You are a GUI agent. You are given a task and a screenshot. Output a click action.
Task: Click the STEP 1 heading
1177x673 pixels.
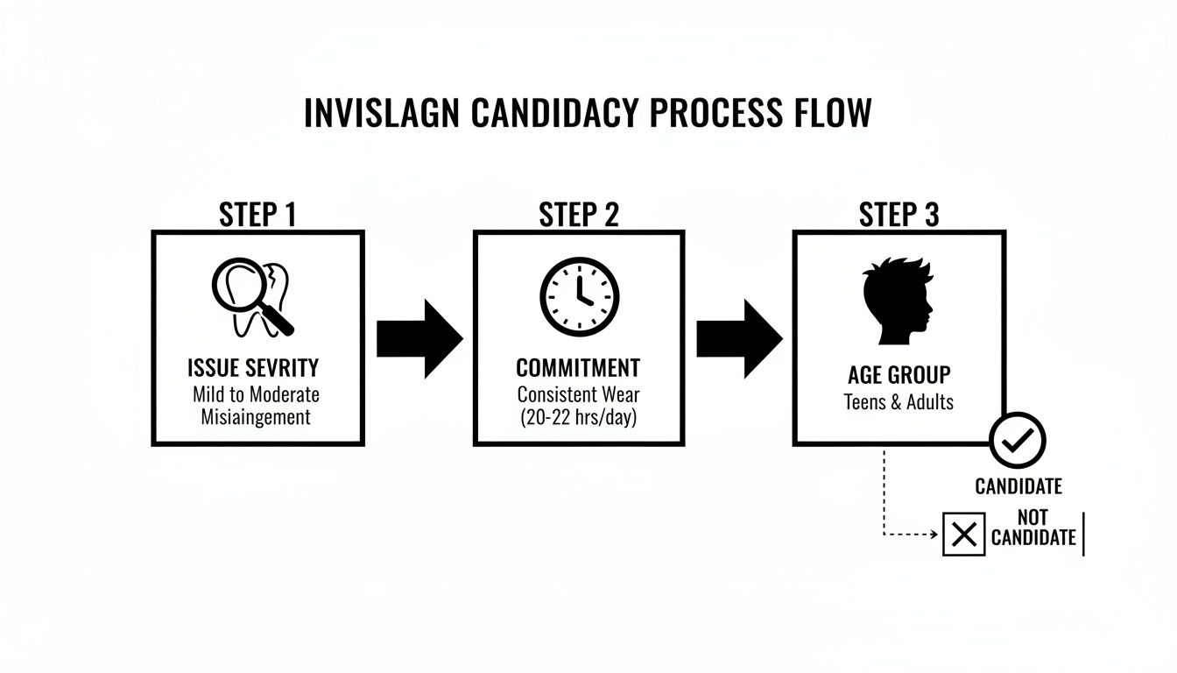(x=257, y=214)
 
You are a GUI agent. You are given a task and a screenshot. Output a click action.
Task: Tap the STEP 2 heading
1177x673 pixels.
(x=578, y=214)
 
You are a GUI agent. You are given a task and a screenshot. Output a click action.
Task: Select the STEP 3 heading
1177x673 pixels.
(x=899, y=214)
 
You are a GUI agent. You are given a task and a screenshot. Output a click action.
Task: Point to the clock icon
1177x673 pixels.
(x=579, y=297)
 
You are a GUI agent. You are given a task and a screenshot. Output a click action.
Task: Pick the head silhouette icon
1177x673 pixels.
(x=897, y=301)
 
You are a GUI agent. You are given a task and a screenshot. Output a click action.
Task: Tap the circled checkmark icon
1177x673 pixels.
(x=1018, y=441)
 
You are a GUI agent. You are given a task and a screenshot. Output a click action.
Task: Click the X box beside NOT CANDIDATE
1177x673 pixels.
(x=963, y=535)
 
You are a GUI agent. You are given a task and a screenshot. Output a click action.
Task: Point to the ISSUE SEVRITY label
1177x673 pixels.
(x=252, y=368)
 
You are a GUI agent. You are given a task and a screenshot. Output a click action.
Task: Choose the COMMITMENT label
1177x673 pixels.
(x=578, y=368)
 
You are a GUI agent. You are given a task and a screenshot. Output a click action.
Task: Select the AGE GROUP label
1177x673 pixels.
(x=899, y=375)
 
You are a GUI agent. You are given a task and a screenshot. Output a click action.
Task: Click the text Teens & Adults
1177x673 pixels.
(x=899, y=402)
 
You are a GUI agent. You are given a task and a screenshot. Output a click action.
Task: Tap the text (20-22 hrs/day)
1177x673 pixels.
(x=578, y=418)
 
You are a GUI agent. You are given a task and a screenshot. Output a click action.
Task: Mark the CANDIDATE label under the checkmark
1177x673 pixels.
(x=1018, y=486)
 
